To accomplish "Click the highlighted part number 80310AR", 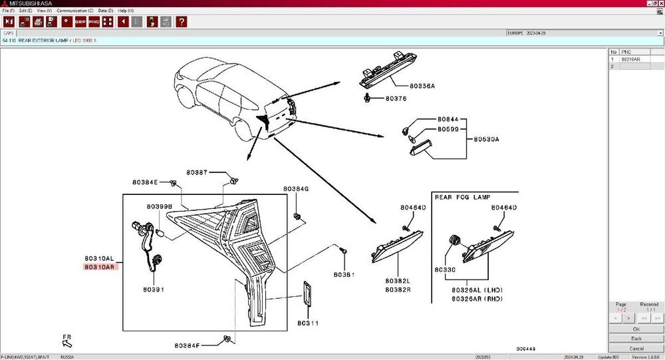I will (99, 267).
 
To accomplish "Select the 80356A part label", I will (422, 86).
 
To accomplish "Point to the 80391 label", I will (153, 289).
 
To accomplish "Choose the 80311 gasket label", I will (309, 323).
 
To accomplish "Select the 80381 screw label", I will (343, 274).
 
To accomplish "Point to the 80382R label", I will (398, 289).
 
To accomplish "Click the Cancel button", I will (636, 348).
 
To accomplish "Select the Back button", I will (636, 339).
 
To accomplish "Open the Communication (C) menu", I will (74, 11).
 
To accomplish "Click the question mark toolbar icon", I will (182, 22).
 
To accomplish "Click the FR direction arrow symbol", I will (68, 342).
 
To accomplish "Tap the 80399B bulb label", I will (160, 206).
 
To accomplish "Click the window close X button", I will (660, 3).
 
